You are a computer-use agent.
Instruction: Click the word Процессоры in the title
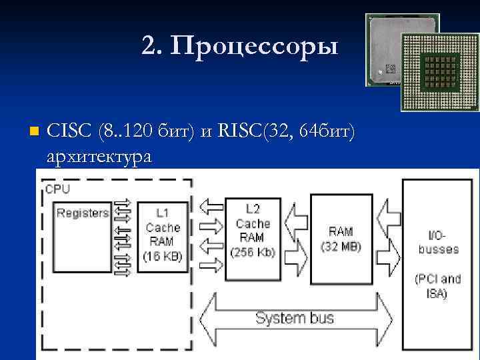coord(254,47)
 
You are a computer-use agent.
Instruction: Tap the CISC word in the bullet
coord(69,132)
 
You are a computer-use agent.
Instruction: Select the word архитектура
coord(99,157)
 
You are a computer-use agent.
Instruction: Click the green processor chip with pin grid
coord(439,73)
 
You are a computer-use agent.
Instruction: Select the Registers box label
coord(83,213)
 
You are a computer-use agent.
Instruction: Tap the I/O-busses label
coord(438,243)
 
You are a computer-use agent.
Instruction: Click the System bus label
coord(295,317)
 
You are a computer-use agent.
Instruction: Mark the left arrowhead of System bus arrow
coord(208,317)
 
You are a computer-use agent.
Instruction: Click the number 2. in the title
coord(151,47)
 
